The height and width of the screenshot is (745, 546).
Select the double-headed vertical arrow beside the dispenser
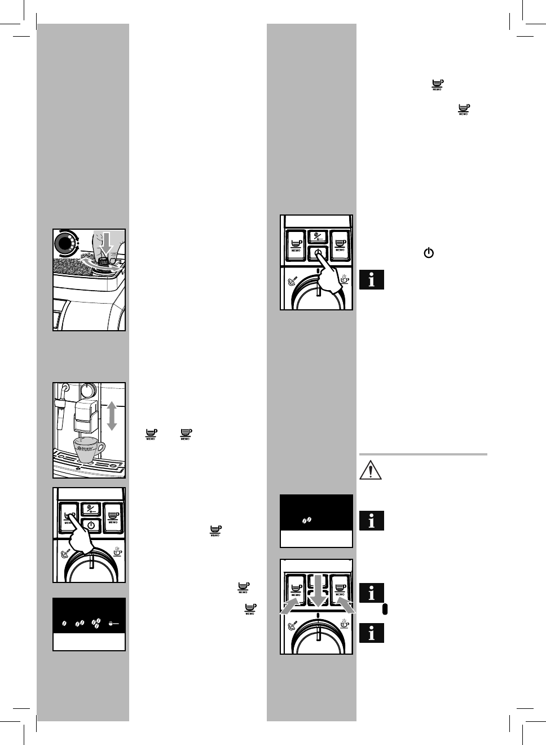pos(112,415)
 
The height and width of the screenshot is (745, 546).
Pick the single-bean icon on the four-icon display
pos(64,624)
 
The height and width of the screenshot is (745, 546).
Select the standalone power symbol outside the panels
pos(429,253)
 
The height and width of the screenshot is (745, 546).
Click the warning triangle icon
pos(371,471)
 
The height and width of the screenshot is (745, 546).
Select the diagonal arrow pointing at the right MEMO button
pos(345,607)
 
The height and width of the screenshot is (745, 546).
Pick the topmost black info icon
pos(371,280)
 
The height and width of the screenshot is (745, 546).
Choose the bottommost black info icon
pos(371,633)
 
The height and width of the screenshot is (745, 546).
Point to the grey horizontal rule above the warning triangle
pos(423,454)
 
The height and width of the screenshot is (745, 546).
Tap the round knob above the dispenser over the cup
pos(87,389)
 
